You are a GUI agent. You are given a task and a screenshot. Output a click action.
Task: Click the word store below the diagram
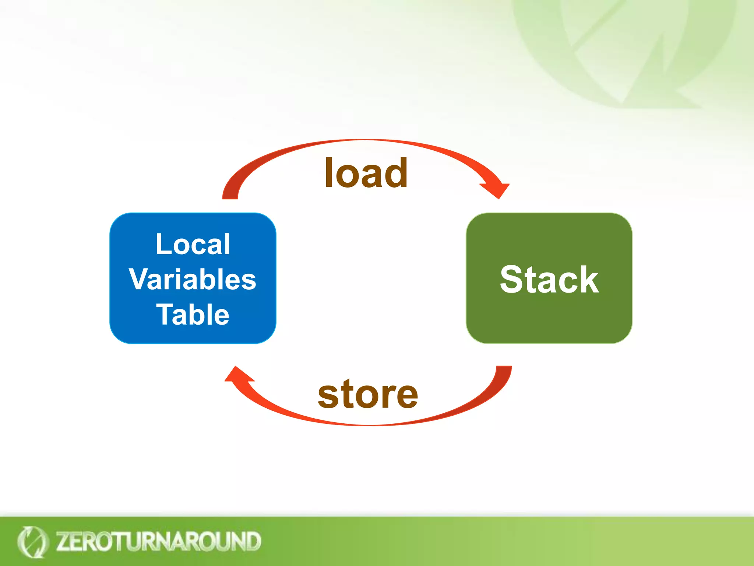coord(368,395)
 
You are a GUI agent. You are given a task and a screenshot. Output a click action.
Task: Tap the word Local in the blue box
coord(193,244)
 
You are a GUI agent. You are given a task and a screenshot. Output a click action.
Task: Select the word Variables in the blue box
coord(193,279)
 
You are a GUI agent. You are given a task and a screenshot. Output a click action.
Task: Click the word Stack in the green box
coord(549,280)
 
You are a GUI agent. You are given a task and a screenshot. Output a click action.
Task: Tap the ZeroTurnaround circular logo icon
coord(32,542)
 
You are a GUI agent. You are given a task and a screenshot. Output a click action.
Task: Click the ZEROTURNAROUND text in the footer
coord(158,541)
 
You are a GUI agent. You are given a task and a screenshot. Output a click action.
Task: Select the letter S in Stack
coord(513,280)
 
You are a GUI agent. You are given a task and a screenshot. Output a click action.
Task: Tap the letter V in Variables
coord(139,279)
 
